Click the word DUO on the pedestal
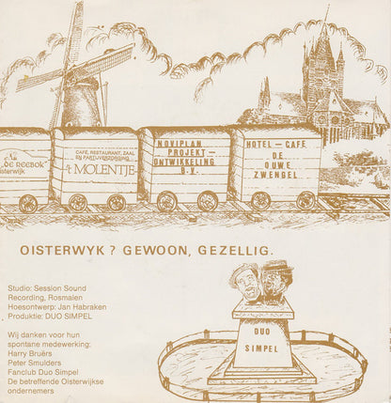tap(262, 329)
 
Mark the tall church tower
tap(321, 75)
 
